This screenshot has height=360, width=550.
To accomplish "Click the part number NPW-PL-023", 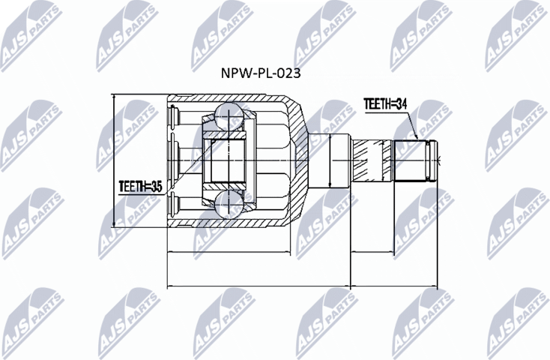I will click(250, 74).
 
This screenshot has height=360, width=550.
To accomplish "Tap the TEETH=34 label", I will click(385, 105).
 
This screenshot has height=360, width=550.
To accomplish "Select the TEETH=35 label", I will click(141, 184).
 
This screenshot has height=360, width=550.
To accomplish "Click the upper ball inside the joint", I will click(227, 117).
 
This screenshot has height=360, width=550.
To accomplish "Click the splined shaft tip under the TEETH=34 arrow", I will click(417, 160).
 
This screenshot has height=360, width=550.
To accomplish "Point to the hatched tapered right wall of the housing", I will click(298, 160).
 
